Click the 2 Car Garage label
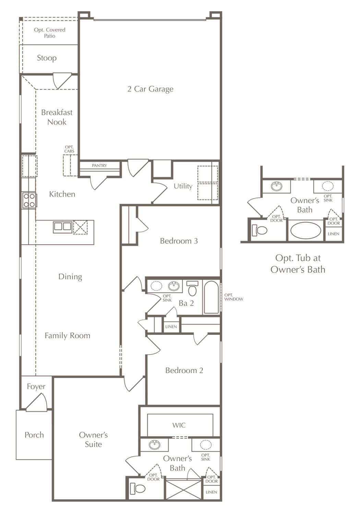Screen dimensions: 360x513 (150, 89)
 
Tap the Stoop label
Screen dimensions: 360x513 (47, 58)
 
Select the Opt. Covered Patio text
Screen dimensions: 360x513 (50, 33)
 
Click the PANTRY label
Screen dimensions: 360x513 (99, 165)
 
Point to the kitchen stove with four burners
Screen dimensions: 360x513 (29, 200)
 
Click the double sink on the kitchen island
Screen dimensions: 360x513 (62, 227)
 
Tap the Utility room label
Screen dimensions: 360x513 (183, 186)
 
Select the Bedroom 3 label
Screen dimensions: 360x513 (179, 241)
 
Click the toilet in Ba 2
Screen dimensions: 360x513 (192, 288)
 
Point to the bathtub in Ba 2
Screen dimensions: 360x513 (212, 297)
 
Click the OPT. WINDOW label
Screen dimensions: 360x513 (234, 297)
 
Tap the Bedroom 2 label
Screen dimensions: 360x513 (184, 371)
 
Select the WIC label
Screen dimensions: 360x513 (179, 425)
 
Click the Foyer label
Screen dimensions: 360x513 (36, 387)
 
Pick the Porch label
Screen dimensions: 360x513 (34, 435)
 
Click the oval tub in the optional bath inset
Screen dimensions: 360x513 (305, 230)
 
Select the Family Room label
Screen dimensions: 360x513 (67, 336)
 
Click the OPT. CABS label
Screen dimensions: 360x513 (69, 149)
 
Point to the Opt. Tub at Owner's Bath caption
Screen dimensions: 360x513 (298, 264)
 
